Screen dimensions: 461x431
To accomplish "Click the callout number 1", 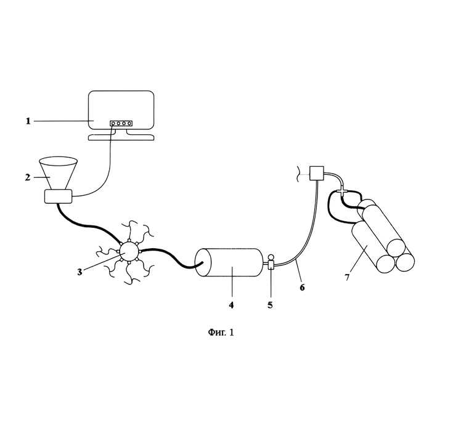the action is [x=28, y=121].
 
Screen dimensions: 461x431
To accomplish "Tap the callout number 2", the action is [x=28, y=177].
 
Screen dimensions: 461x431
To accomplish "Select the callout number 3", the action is [x=80, y=272].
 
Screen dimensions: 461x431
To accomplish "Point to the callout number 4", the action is [x=231, y=305].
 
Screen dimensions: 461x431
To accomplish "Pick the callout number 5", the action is [x=270, y=305].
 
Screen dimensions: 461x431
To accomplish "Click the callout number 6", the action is [x=302, y=288].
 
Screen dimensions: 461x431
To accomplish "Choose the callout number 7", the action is [x=347, y=277].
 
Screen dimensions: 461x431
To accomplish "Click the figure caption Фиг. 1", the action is [x=221, y=332].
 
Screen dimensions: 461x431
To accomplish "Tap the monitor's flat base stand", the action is [x=121, y=137].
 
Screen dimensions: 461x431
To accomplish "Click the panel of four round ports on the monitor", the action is [x=121, y=123].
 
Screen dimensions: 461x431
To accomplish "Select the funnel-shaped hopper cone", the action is [x=58, y=174].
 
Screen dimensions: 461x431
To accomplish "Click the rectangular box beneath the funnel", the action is [x=58, y=196].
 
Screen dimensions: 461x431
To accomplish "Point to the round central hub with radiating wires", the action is [x=128, y=252].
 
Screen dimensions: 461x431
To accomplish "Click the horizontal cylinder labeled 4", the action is [x=229, y=262].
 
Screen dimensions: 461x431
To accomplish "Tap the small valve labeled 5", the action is [x=271, y=262].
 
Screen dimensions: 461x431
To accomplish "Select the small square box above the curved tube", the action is [x=317, y=174].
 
